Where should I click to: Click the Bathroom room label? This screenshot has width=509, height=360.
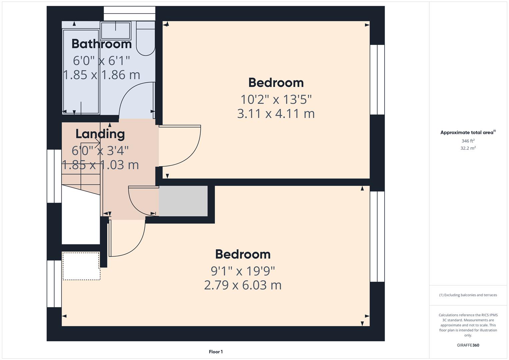click(x=101, y=44)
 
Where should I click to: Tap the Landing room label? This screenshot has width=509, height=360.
click(x=100, y=134)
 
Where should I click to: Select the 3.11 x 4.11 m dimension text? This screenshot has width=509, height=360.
click(x=276, y=114)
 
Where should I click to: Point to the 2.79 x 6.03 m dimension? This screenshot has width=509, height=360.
click(x=243, y=285)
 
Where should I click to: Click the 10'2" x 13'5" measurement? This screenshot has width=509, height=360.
click(x=276, y=99)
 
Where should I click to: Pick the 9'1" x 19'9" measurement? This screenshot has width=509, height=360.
click(x=243, y=271)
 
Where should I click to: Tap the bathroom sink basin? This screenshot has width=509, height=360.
click(x=115, y=30)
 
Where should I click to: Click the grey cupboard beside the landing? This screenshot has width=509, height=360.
click(x=183, y=201)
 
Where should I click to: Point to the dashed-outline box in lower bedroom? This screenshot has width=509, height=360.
click(x=81, y=266)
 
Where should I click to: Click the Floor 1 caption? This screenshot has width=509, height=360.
click(x=216, y=352)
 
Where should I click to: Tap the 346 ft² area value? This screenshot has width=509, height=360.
click(x=468, y=141)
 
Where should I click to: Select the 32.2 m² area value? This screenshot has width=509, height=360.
click(x=468, y=148)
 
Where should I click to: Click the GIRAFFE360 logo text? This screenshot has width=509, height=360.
click(x=468, y=345)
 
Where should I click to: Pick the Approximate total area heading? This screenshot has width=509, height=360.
click(x=468, y=133)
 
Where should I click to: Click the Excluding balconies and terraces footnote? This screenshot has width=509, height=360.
click(x=468, y=295)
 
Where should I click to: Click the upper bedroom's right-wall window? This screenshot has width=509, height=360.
click(x=377, y=80)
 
